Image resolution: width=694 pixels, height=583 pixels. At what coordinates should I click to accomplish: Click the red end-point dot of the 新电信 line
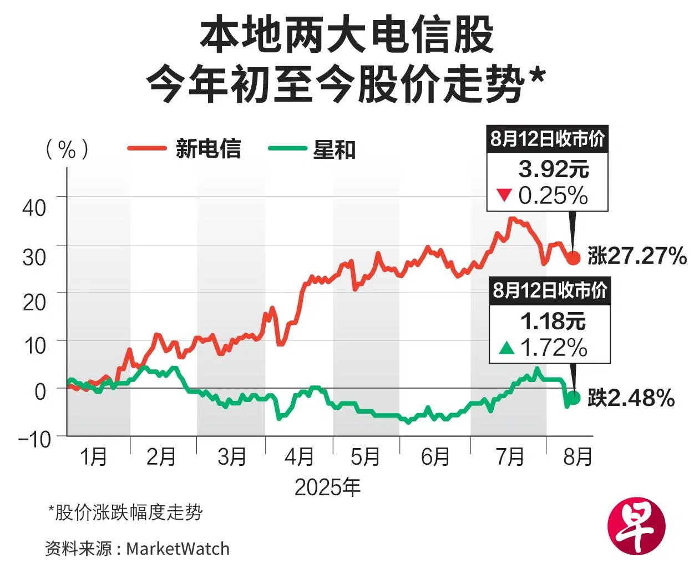(x=573, y=258)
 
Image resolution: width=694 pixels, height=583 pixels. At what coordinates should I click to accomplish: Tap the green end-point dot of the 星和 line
(x=573, y=398)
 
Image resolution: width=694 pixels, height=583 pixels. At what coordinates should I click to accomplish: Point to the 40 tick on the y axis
(x=34, y=208)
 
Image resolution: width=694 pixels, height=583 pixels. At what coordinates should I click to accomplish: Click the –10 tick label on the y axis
(x=34, y=439)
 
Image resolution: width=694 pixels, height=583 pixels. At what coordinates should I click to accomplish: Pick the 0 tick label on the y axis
(x=40, y=392)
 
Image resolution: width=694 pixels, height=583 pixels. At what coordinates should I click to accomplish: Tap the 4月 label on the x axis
(x=299, y=458)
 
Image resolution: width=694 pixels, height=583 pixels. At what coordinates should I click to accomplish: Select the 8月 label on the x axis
(x=577, y=458)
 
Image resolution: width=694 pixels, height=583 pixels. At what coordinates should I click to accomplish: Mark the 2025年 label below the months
(x=327, y=487)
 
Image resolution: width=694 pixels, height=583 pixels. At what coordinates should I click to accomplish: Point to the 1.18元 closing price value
(x=553, y=321)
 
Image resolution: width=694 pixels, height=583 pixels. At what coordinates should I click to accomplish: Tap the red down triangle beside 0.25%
(x=504, y=195)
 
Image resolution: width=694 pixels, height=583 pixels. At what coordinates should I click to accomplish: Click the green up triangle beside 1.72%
(x=507, y=348)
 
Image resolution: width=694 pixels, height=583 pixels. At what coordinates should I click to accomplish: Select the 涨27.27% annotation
(x=637, y=257)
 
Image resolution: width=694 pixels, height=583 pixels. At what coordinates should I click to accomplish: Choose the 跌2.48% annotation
(x=631, y=398)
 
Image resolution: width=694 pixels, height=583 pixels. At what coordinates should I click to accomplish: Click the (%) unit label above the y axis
(x=67, y=149)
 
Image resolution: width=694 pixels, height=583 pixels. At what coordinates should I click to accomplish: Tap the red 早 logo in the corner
(x=636, y=525)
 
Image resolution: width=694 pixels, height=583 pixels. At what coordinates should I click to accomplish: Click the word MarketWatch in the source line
(x=178, y=549)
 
